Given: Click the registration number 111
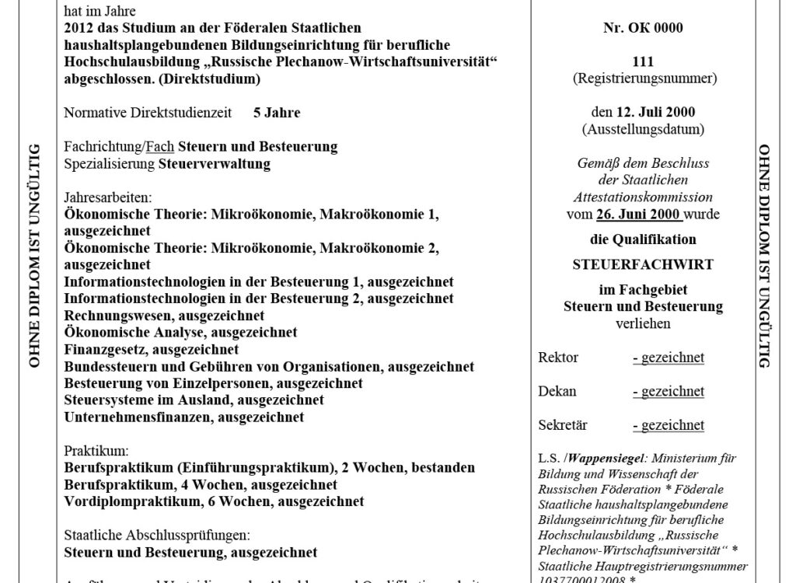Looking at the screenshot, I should [643, 62].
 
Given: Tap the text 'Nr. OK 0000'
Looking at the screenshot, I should [643, 29].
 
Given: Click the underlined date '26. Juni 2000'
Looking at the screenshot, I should [639, 214].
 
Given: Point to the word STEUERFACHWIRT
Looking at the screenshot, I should [643, 264].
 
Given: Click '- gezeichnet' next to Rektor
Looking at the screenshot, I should [668, 358].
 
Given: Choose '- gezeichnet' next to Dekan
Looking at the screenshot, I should [668, 391].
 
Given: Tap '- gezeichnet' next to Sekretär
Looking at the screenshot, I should [668, 424].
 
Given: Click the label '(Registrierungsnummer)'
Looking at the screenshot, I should [643, 79].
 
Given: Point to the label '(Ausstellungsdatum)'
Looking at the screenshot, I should [643, 129].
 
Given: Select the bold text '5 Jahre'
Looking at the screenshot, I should [277, 113].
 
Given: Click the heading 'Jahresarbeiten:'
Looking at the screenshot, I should [107, 197].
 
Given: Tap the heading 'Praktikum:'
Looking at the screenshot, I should [96, 451].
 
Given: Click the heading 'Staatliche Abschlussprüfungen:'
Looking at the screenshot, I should [156, 536].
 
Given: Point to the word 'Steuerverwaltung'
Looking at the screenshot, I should [214, 164].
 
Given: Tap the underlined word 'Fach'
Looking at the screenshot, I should [160, 147].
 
